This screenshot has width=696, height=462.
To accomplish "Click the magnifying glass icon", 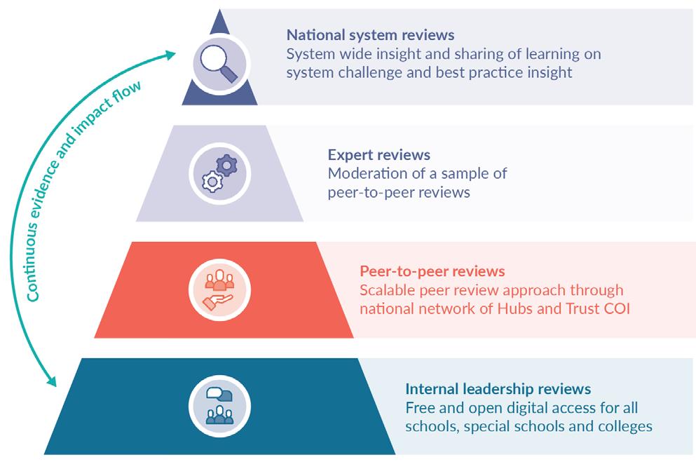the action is point(219,62).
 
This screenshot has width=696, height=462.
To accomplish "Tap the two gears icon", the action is point(219,173).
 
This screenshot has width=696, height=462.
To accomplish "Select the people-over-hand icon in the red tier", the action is point(219,288).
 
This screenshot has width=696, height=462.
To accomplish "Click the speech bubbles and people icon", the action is point(219,405).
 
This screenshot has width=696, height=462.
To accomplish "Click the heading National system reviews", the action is point(370,34).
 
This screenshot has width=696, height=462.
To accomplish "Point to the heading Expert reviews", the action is point(378,154).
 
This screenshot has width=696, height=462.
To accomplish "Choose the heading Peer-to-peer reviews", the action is point(432,271).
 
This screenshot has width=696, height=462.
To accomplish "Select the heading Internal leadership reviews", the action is point(498,388).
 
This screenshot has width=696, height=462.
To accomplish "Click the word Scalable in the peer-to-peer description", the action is point(386,290).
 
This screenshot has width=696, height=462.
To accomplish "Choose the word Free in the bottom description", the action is point(419,407).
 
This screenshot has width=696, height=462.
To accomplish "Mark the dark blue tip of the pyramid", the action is point(219,21).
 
